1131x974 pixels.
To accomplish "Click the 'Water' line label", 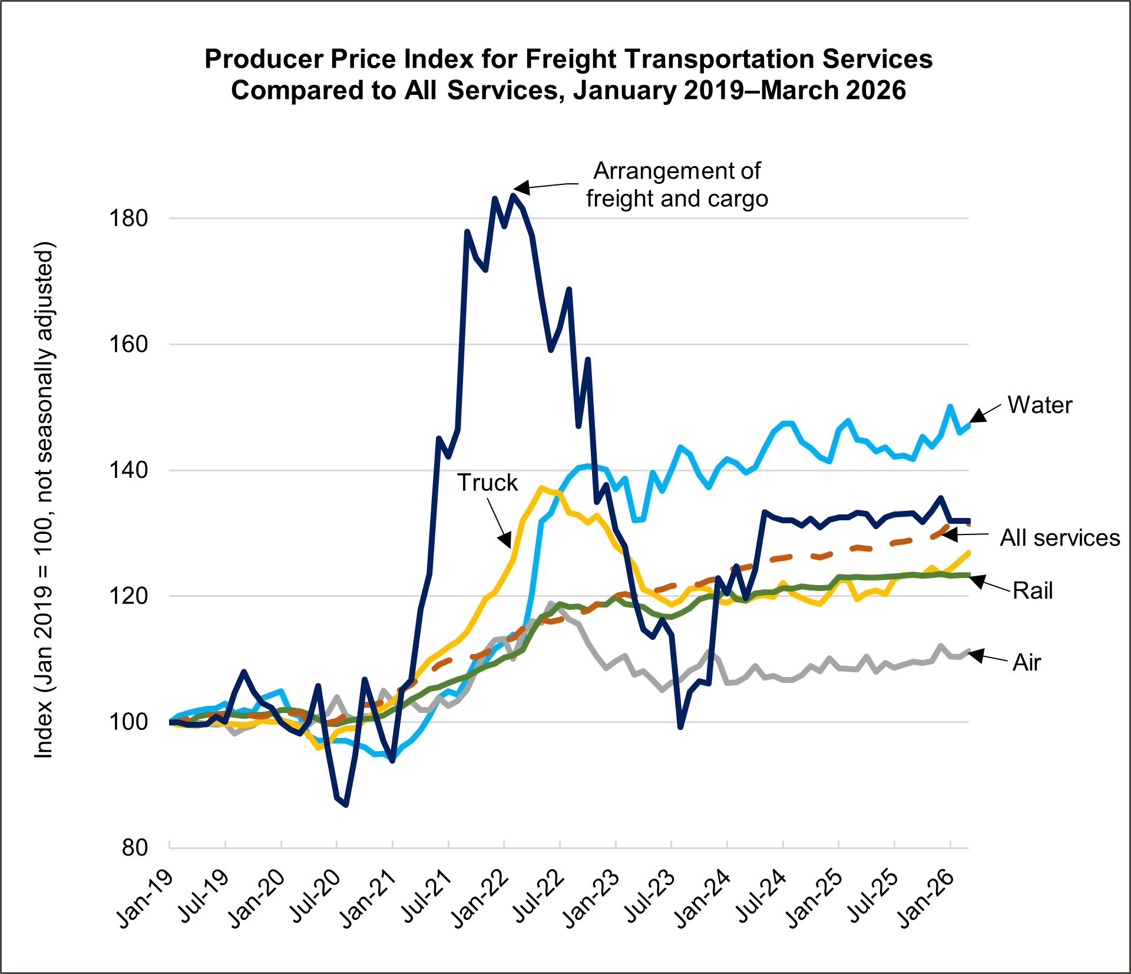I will coord(1040,405).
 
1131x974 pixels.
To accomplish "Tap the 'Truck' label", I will coord(487,483).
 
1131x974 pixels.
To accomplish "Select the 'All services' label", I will coord(1059,538).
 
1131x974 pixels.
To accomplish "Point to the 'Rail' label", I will coord(1032,590).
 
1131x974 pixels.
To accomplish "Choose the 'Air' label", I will coord(1026,663).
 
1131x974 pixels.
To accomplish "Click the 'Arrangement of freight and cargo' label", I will coord(676,185).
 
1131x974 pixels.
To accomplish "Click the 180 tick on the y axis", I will coord(128,219).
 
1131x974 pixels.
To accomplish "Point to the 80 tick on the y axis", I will coord(135,847).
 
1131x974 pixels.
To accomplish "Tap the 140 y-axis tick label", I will coord(128,470).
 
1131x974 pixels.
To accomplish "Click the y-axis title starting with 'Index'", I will coord(44,500).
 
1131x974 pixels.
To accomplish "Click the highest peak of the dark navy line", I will coord(514,195).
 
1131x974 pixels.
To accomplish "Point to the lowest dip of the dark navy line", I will coord(346,805).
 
